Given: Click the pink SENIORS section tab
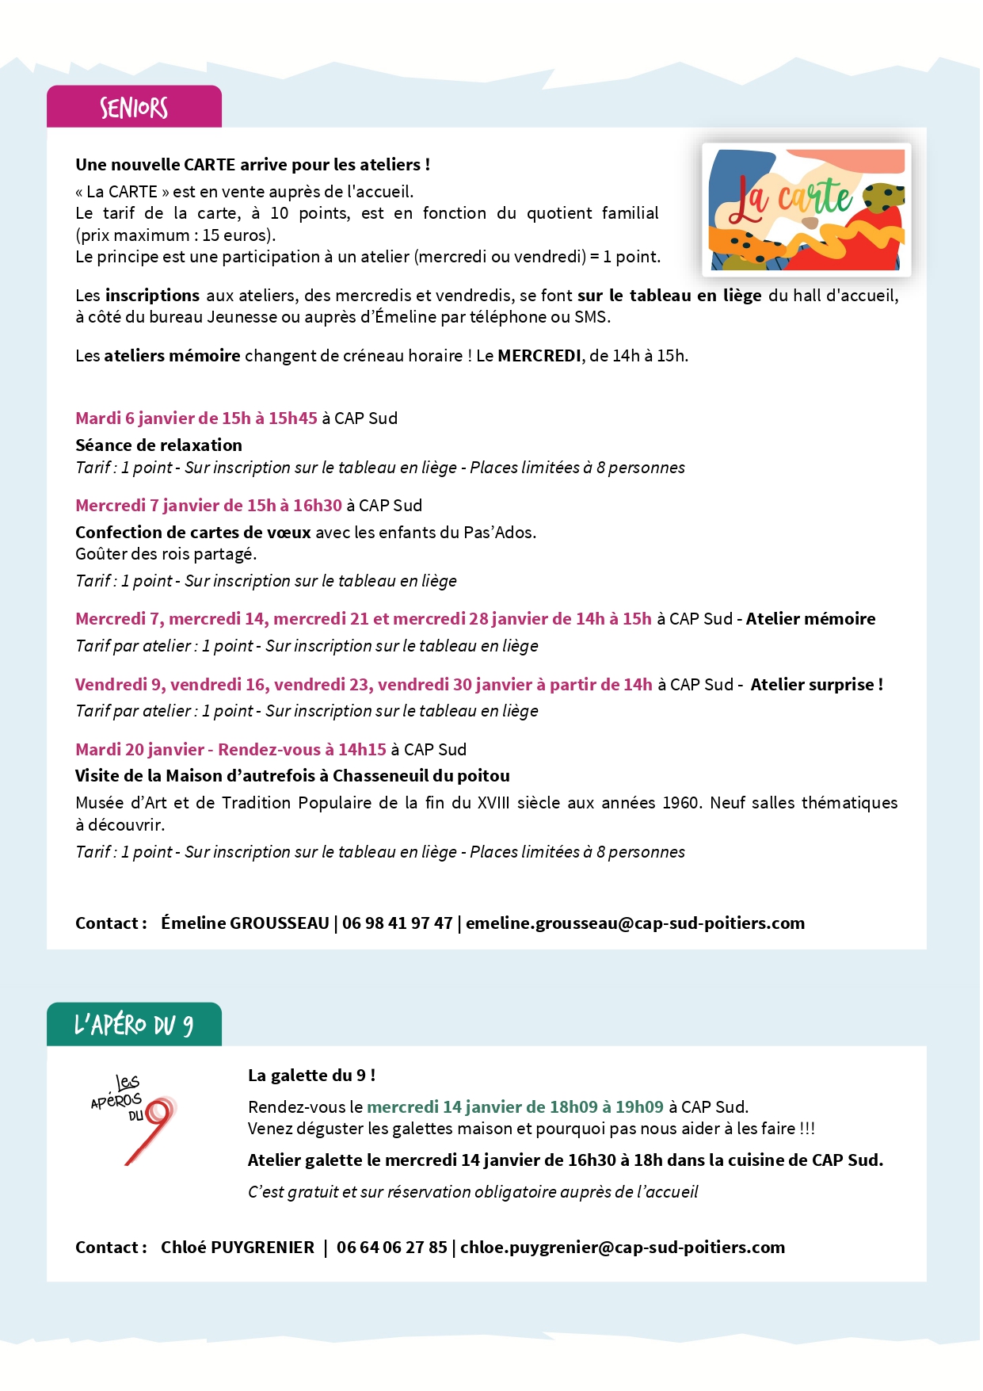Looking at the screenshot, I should tap(134, 107).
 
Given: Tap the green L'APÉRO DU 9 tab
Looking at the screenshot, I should tap(134, 1025).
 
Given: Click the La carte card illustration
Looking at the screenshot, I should tap(806, 210).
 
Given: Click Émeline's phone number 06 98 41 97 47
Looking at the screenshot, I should tap(397, 923).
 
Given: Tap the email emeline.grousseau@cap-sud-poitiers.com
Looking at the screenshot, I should tap(634, 923).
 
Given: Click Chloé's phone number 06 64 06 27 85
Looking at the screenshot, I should tap(391, 1248).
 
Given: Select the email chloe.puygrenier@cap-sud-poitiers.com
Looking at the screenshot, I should tap(622, 1248).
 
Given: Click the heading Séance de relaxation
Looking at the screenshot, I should tap(158, 445).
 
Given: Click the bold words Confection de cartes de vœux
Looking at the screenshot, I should tap(192, 533).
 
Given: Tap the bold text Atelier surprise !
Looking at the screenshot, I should tap(816, 685).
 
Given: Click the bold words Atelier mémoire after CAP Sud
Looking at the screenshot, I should tap(810, 619).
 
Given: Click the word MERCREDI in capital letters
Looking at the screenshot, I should tap(539, 356).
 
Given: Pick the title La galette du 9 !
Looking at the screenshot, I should tap(311, 1076).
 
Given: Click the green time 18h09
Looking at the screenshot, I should tap(573, 1107).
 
